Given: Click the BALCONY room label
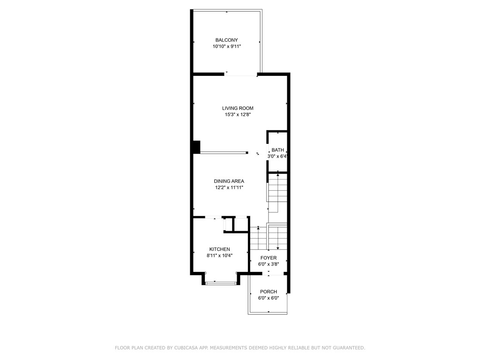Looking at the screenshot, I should [x=226, y=40].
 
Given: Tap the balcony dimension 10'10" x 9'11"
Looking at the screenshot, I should [x=226, y=47].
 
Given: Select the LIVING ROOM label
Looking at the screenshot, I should [x=238, y=108].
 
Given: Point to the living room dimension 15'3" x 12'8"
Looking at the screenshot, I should [x=238, y=115].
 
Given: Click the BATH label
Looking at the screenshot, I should [x=277, y=150].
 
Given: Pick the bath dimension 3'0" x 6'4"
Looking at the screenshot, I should [x=277, y=157].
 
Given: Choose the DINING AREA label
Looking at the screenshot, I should [x=229, y=181].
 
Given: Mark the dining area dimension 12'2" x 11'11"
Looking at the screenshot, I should [x=229, y=188].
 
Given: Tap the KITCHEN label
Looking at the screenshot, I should [x=219, y=249].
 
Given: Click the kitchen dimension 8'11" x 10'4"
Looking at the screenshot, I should [x=219, y=256].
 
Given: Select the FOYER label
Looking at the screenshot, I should [x=269, y=258].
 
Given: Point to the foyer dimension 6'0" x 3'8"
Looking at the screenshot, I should [x=269, y=264].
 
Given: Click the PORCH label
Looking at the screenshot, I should [x=269, y=292].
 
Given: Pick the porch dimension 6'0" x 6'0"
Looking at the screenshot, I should [x=269, y=298].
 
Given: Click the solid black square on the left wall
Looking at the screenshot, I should [x=196, y=147].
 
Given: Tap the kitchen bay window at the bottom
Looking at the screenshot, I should [x=221, y=283].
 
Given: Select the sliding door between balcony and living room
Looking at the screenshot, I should [x=241, y=74].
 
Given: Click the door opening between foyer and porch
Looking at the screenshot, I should [x=269, y=273].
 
